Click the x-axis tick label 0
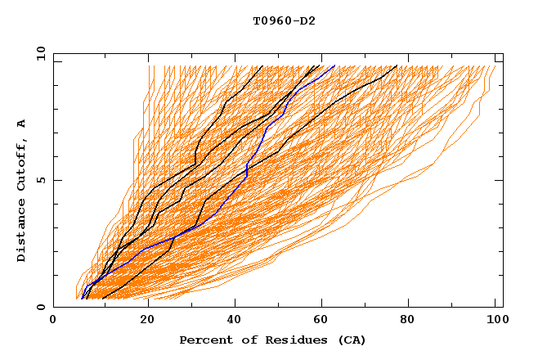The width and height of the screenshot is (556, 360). click(53, 321)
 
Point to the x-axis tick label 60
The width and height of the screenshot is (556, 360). click(325, 321)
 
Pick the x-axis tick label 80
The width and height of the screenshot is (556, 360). click(413, 321)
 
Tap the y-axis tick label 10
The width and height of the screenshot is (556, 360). click(39, 53)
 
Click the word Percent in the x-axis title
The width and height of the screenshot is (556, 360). click(203, 340)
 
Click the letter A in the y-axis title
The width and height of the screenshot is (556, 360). click(22, 124)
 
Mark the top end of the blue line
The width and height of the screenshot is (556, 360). click(334, 65)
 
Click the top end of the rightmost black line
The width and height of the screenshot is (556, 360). click(397, 65)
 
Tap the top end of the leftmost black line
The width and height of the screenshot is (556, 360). click(262, 65)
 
